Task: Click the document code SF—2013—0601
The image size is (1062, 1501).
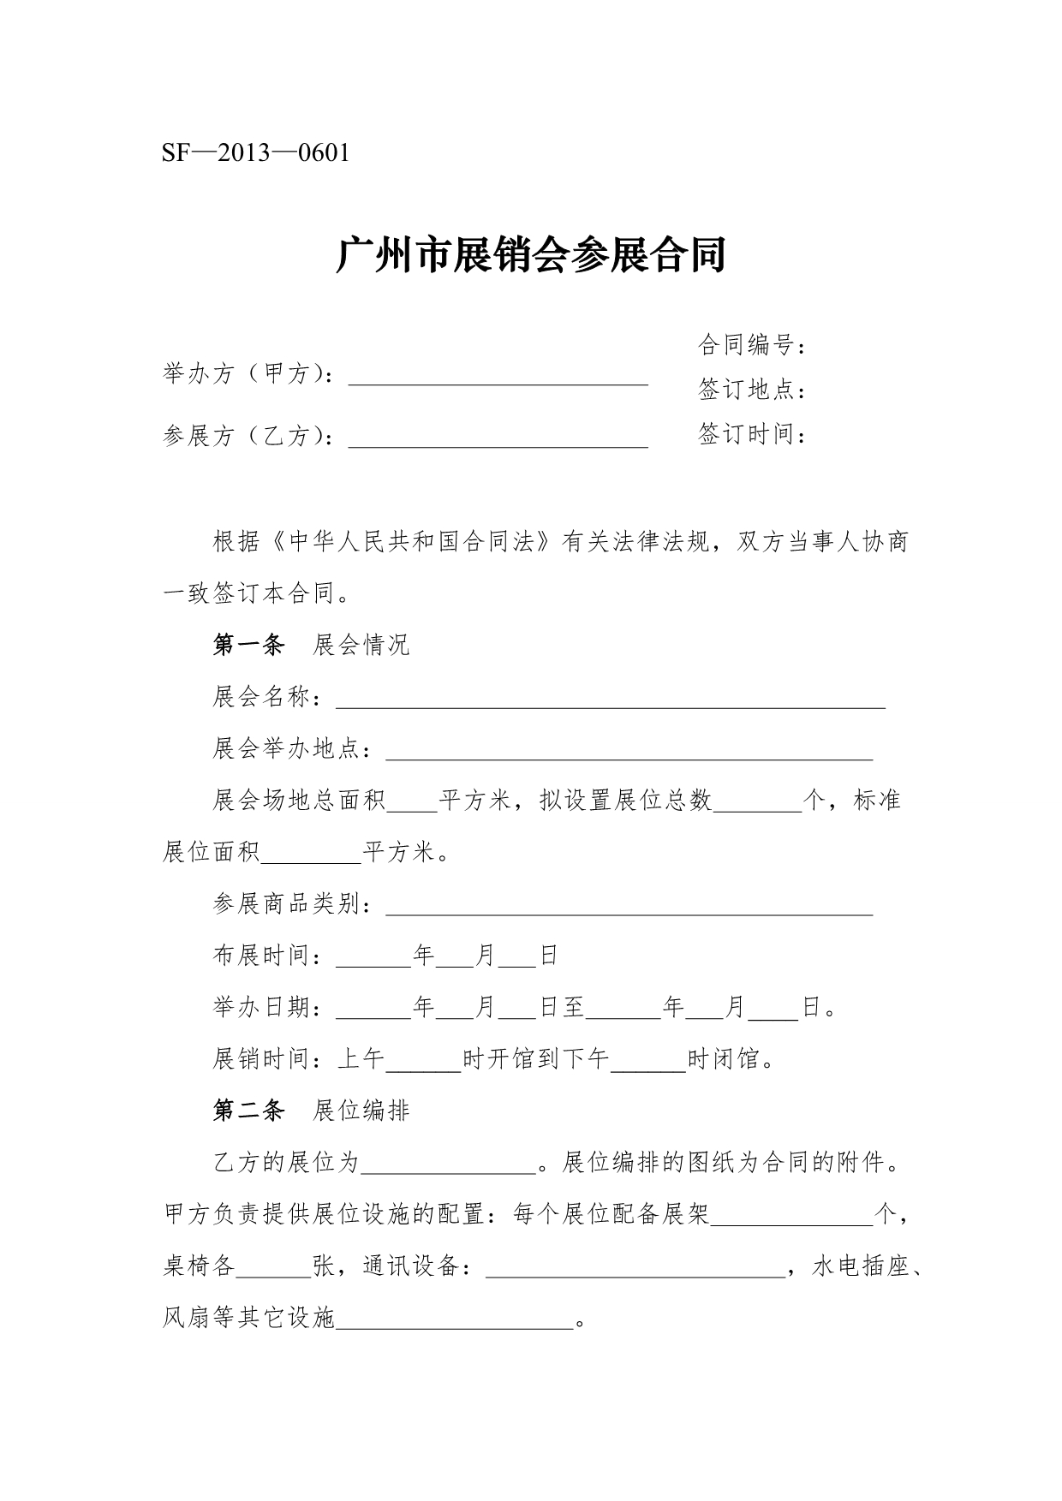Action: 256,154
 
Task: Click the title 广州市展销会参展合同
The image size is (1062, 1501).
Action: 530,255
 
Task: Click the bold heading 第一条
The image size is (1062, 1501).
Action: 248,645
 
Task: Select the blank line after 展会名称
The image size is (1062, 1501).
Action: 610,701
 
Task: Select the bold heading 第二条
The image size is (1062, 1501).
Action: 248,1111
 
